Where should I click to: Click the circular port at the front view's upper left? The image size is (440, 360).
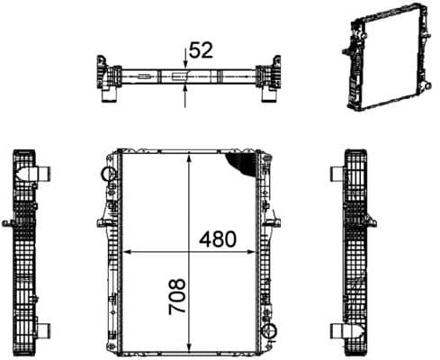click(x=109, y=173)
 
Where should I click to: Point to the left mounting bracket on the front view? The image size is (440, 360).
click(x=98, y=221)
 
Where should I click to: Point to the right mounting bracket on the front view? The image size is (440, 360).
click(x=276, y=221)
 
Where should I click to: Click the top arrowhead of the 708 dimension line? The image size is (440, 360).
click(x=188, y=156)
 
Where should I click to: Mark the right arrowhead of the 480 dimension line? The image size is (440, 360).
click(x=254, y=251)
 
